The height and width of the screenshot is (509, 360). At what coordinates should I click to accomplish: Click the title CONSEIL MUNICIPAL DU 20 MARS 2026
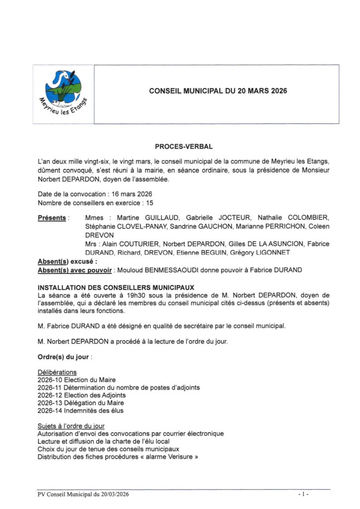(x=218, y=91)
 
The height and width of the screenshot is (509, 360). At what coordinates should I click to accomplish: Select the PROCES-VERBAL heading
(x=184, y=147)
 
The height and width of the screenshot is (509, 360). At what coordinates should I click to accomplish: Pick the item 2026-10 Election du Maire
(x=70, y=380)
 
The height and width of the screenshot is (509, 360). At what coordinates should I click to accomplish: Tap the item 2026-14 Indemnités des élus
(x=81, y=411)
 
